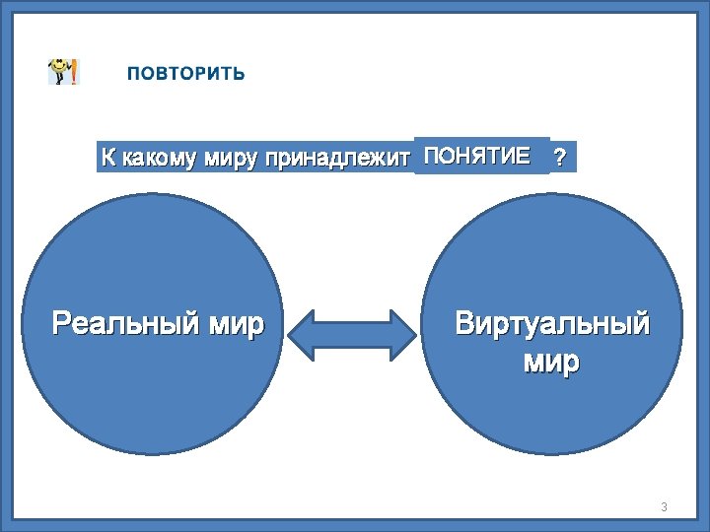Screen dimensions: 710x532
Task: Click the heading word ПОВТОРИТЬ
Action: pyautogui.click(x=185, y=74)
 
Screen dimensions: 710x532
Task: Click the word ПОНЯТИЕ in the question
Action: pyautogui.click(x=476, y=155)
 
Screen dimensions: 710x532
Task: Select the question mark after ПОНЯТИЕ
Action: pyautogui.click(x=560, y=158)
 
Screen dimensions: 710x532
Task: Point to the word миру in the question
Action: pyautogui.click(x=230, y=158)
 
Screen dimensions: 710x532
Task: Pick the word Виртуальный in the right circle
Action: pyautogui.click(x=551, y=323)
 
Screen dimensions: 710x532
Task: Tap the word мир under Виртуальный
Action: pyautogui.click(x=551, y=363)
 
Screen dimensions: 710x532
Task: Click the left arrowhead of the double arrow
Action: pyautogui.click(x=300, y=335)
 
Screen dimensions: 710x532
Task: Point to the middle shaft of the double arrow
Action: pyautogui.click(x=352, y=335)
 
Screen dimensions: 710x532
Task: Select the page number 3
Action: pyautogui.click(x=664, y=507)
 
